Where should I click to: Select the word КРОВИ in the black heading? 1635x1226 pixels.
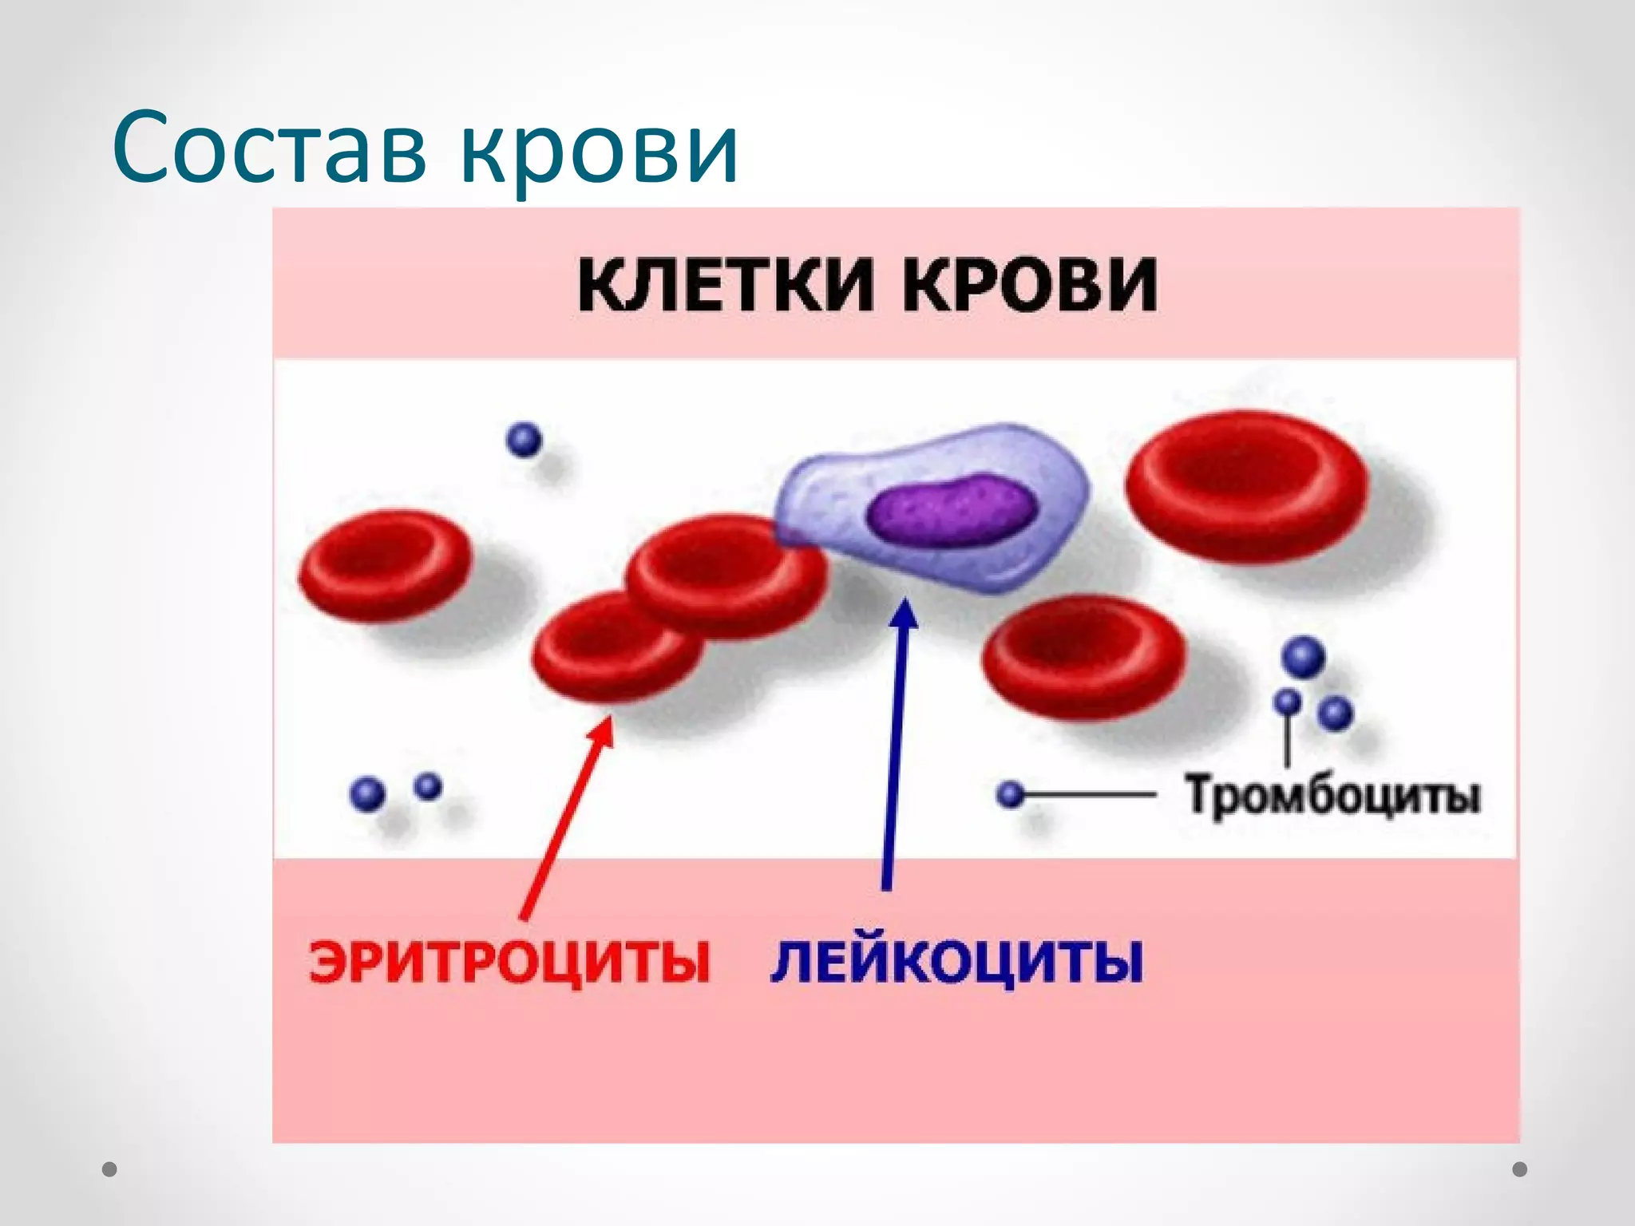tap(1030, 285)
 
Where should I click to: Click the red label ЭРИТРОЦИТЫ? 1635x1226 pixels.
tap(509, 963)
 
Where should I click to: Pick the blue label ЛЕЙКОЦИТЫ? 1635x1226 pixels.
tap(956, 963)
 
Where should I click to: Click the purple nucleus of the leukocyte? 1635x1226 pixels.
tap(952, 510)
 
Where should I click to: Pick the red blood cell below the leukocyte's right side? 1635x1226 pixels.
tap(1083, 657)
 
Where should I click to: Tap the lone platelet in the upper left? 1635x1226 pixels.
tap(525, 440)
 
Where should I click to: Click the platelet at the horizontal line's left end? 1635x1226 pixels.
tap(1011, 794)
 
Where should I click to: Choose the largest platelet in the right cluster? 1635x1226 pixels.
tap(1303, 658)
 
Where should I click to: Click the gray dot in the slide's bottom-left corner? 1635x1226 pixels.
tap(110, 1170)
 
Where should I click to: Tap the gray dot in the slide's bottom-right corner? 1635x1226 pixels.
tap(1520, 1169)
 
